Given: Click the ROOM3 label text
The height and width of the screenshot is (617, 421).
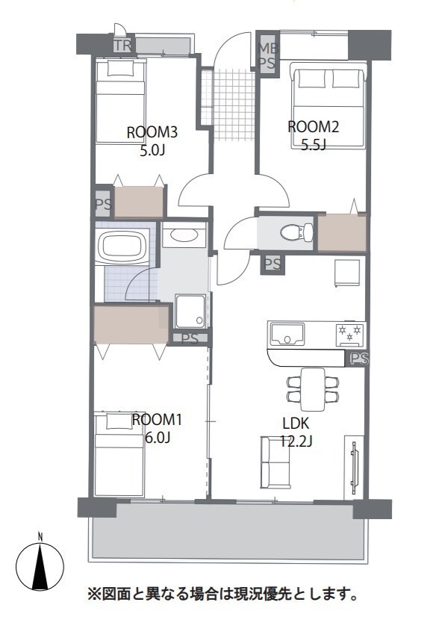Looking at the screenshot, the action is click(152, 132).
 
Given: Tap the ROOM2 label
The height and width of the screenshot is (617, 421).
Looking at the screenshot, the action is click(314, 127).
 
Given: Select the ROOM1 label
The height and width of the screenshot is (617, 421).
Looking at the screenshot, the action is click(157, 420).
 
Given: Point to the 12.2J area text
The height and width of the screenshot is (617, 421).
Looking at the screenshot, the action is click(296, 441).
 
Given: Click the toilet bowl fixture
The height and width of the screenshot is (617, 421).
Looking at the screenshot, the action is click(296, 232).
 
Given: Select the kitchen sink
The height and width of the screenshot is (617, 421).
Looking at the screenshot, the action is click(286, 334).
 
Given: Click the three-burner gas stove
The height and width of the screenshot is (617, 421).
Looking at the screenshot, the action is click(350, 335).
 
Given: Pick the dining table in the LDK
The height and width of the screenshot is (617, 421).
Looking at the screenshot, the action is click(313, 389).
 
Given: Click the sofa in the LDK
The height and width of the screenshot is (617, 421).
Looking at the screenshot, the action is click(275, 462).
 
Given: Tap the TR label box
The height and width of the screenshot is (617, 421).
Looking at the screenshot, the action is click(122, 46).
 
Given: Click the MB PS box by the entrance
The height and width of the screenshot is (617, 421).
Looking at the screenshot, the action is click(267, 56).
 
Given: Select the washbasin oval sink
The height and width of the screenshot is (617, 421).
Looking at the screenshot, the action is click(184, 235).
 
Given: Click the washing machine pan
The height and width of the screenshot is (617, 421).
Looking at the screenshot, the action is click(190, 311).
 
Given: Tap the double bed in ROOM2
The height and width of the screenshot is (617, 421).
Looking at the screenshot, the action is click(328, 105).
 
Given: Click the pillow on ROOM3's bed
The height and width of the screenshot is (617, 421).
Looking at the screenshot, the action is click(121, 69).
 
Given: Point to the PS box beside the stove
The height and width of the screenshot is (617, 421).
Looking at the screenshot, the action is click(359, 359).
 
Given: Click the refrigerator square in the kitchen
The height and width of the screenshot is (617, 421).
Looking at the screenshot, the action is click(347, 273).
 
